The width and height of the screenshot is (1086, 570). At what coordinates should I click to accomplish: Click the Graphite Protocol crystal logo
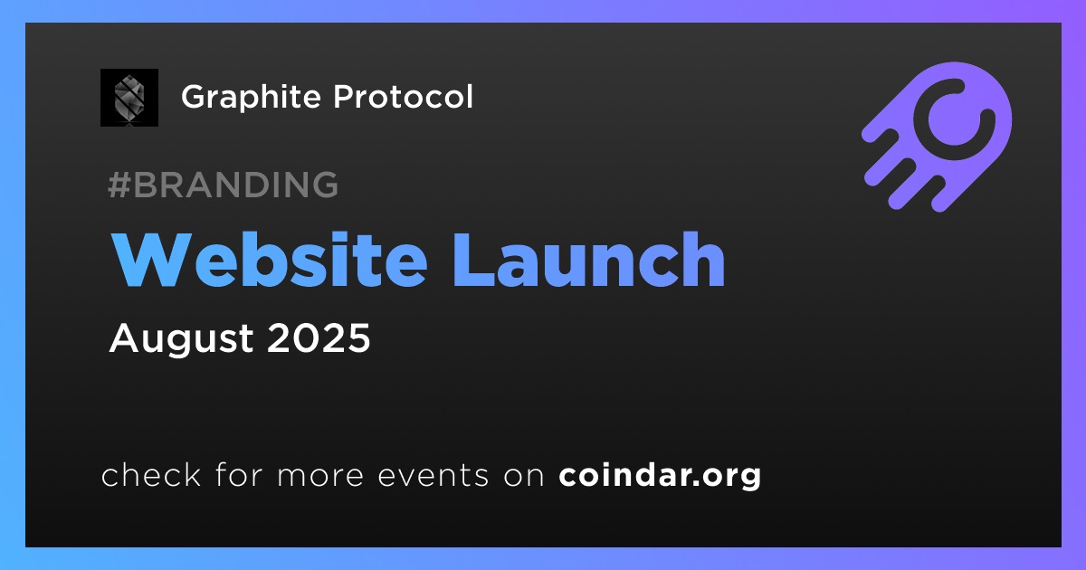(x=129, y=98)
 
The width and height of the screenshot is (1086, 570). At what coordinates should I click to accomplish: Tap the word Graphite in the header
(x=252, y=97)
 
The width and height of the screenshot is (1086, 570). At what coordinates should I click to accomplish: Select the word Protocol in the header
(x=403, y=96)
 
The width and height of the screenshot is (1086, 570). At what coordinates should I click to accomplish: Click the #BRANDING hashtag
(x=223, y=185)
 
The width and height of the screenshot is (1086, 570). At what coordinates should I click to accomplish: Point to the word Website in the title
(x=269, y=260)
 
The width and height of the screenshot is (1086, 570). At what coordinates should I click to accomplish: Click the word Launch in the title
(x=588, y=260)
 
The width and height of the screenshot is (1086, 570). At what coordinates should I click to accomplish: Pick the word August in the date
(x=181, y=338)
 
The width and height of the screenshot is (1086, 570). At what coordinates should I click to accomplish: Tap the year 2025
(x=319, y=337)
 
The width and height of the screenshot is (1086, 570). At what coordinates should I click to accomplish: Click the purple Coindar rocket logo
(x=937, y=137)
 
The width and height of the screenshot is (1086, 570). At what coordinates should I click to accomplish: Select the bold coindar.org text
(x=660, y=476)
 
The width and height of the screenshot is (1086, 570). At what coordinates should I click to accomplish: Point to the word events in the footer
(x=433, y=476)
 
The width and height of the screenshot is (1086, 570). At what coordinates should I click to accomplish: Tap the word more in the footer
(x=320, y=477)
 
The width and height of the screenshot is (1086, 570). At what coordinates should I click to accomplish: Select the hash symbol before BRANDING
(x=119, y=185)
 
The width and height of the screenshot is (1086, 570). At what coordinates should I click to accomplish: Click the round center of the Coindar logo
(x=954, y=119)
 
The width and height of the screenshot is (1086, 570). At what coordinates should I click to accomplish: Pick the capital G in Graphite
(x=195, y=97)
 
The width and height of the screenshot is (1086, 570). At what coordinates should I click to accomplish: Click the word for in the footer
(x=239, y=474)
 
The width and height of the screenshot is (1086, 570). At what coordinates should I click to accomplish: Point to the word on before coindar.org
(x=524, y=477)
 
